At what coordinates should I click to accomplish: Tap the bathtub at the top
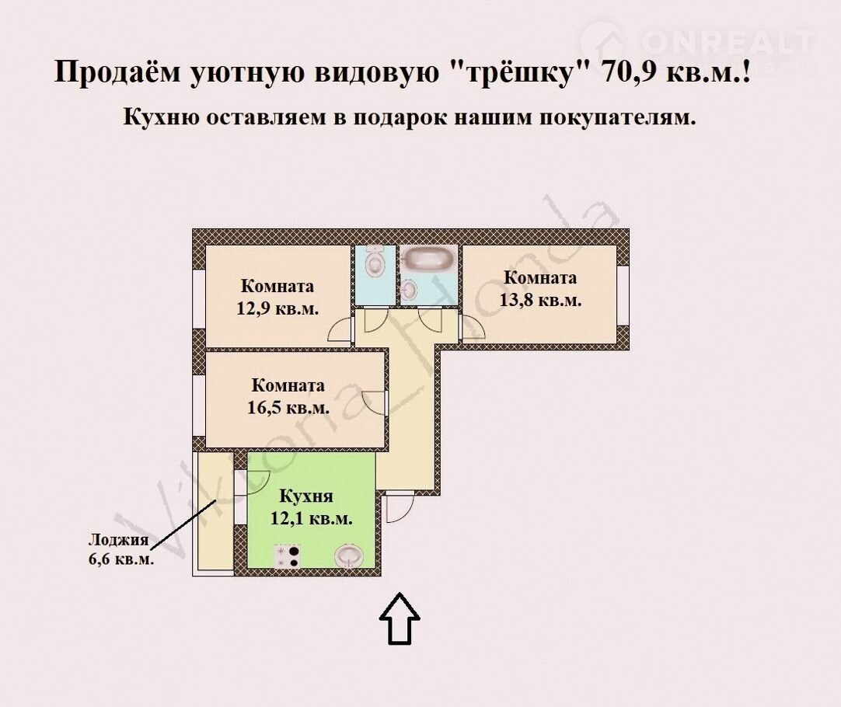[x=429, y=259]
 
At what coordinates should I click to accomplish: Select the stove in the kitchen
[x=287, y=556]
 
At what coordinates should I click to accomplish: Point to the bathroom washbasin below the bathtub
[x=410, y=290]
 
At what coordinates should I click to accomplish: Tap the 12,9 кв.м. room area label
[x=277, y=309]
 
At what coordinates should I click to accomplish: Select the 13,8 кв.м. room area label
[x=541, y=300]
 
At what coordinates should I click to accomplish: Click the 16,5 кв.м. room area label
[x=288, y=408]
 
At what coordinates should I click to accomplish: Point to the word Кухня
[x=306, y=496]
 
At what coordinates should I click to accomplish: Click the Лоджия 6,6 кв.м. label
[x=121, y=549]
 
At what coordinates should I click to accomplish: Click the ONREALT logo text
[x=728, y=41]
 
